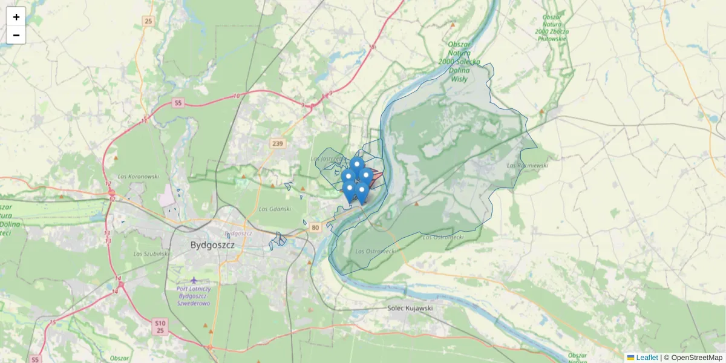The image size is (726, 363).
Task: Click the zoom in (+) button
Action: (16, 16)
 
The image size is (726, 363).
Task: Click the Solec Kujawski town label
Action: (410, 308)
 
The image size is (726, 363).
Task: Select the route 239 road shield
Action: (278, 143)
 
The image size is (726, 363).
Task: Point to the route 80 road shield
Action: (315, 227)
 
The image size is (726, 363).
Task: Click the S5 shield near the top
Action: (177, 103)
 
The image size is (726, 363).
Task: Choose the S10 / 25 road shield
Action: (160, 327)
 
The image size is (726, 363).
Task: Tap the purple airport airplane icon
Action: (194, 280)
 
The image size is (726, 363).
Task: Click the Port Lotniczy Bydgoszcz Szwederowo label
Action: (194, 296)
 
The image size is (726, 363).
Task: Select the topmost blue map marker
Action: (357, 164)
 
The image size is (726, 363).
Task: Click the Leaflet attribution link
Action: (647, 358)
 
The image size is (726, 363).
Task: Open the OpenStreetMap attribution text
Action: (693, 358)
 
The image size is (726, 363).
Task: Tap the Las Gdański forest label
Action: (275, 209)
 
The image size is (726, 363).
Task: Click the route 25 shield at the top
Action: (148, 21)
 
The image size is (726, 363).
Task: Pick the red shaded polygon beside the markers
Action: (376, 177)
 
